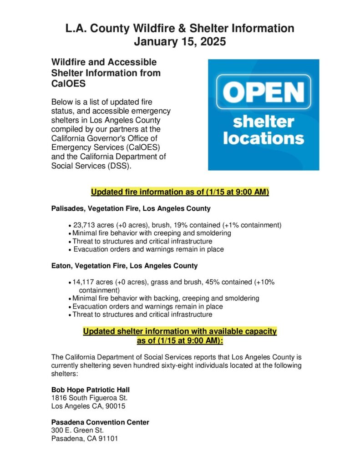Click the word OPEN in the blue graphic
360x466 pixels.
(264, 91)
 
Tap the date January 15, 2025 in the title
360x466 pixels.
(180, 42)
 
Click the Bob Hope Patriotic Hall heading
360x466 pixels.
(91, 390)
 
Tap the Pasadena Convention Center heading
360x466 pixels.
(100, 422)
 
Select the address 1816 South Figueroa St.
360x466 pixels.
(86, 398)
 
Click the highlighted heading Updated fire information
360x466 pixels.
(180, 192)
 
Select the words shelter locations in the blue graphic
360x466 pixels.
(264, 130)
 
